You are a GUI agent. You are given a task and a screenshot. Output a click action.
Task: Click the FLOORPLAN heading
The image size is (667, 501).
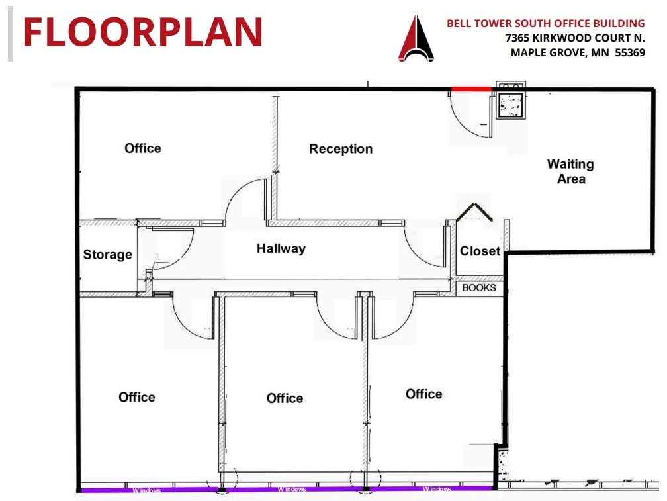click(x=143, y=32)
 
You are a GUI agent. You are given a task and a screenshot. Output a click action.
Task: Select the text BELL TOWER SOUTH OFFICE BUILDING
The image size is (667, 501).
click(x=545, y=24)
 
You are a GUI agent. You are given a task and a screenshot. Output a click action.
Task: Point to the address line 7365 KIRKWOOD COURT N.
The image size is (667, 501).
click(x=574, y=38)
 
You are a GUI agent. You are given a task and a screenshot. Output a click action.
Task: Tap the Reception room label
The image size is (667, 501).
click(x=341, y=149)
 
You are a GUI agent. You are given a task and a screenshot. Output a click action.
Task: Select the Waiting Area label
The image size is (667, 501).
click(x=570, y=171)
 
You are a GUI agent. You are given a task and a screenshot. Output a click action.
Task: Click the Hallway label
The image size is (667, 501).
click(x=281, y=249)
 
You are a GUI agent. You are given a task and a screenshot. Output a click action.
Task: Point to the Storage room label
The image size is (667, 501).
click(x=107, y=255)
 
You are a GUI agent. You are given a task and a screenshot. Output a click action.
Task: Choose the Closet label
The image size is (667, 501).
click(x=480, y=251)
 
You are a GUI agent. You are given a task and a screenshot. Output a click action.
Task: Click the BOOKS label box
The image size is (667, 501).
click(x=479, y=288)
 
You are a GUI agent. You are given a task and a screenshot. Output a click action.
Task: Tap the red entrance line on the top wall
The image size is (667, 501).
click(x=471, y=89)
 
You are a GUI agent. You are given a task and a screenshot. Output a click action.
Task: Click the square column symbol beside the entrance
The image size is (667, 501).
click(x=510, y=104)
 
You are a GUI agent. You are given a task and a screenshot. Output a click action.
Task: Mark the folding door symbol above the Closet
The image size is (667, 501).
click(x=475, y=212)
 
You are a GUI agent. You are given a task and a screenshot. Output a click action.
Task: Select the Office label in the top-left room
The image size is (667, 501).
click(x=143, y=148)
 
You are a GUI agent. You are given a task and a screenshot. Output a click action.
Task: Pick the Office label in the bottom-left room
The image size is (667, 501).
click(x=137, y=397)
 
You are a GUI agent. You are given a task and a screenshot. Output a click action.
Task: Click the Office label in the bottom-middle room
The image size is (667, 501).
click(x=285, y=398)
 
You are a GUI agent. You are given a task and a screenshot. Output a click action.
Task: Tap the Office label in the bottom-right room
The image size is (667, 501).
click(x=423, y=394)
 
